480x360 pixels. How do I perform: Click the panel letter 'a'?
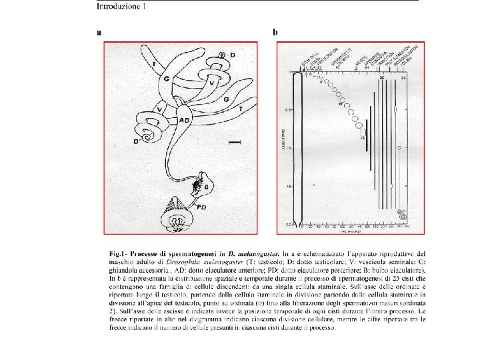click(99, 31)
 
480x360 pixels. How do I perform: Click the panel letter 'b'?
click(276, 31)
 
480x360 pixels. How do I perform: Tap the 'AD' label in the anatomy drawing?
click(187, 120)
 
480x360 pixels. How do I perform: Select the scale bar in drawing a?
click(234, 141)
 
